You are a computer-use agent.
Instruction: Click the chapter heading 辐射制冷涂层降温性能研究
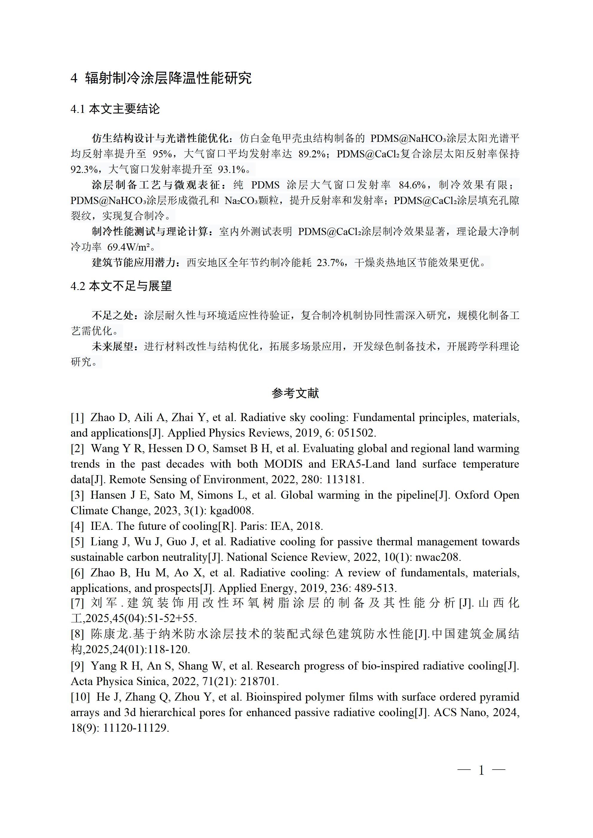click(168, 78)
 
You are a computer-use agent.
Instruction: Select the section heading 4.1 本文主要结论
click(115, 109)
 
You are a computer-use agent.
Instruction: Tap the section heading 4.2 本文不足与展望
click(121, 286)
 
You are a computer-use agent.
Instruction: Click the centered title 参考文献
click(295, 393)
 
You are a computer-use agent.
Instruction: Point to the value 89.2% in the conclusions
click(312, 154)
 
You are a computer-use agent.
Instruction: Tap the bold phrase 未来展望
click(113, 346)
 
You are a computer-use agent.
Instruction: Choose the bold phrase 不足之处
click(113, 315)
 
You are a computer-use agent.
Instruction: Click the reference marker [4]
click(77, 526)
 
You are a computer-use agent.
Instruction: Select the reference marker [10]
click(80, 697)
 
